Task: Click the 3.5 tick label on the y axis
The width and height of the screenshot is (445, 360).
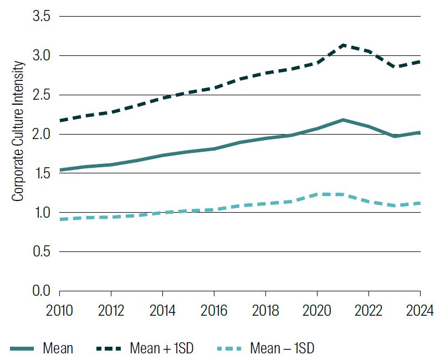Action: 41,17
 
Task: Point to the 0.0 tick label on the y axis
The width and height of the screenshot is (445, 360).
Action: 41,291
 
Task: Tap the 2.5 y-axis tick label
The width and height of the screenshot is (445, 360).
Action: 41,95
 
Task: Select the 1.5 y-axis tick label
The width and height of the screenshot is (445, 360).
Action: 41,174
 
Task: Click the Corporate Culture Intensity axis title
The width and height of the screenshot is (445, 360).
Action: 18,131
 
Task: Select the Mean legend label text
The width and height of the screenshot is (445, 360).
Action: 58,348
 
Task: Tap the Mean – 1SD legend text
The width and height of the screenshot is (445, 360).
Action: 282,348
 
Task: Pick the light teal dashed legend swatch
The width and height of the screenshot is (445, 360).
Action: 229,348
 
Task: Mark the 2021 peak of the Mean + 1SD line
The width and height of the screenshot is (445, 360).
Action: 343,45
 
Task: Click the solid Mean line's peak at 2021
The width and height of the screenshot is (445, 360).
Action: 343,120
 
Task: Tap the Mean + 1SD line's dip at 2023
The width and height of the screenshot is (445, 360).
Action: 395,67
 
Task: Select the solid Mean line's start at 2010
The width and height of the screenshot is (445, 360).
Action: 60,170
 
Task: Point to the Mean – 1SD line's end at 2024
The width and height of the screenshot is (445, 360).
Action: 420,203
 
